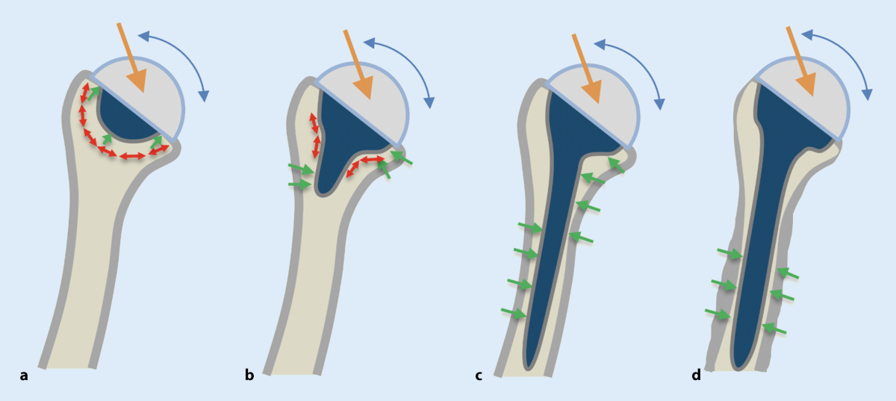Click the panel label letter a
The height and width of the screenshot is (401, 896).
point(24,376)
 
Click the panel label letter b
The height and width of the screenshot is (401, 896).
point(249,376)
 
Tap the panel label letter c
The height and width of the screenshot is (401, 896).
point(479,376)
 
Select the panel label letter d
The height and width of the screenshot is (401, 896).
point(696,376)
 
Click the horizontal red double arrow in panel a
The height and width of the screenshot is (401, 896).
point(133,156)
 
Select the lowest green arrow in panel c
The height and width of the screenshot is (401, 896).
point(513,313)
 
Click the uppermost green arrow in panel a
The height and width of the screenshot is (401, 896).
point(93,93)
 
